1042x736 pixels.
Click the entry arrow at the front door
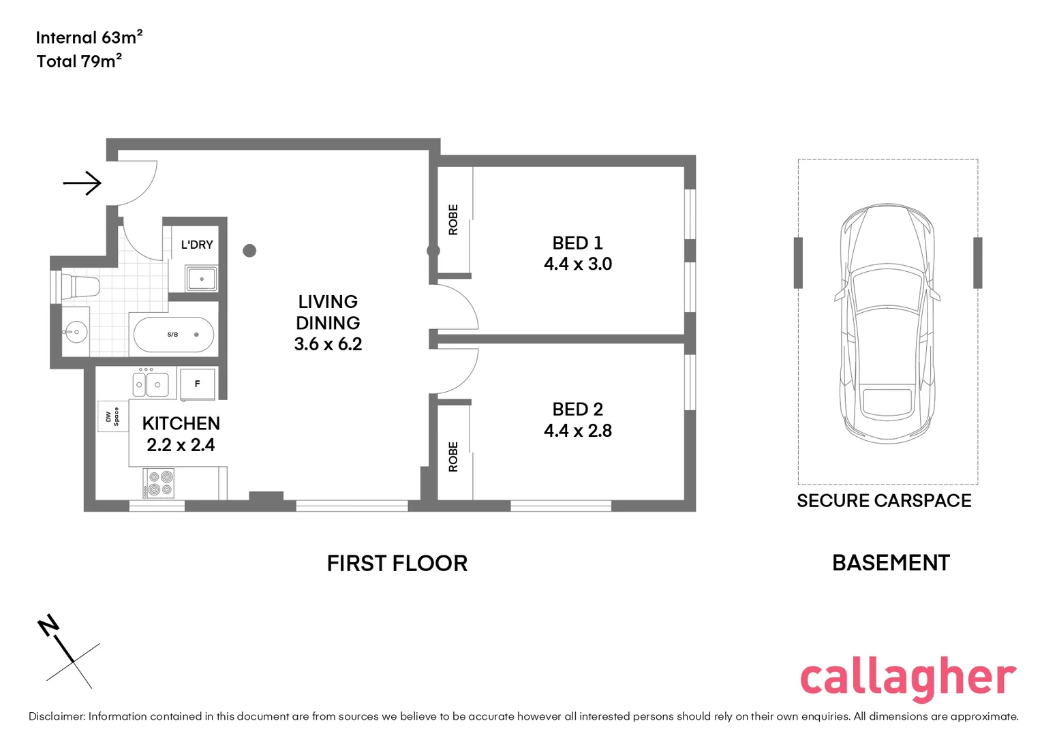click(x=82, y=183)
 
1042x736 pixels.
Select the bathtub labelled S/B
click(x=174, y=335)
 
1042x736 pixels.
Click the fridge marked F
click(x=198, y=384)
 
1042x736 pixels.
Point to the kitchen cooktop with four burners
click(x=159, y=482)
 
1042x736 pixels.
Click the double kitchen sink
click(x=149, y=384)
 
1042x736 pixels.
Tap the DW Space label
click(x=112, y=416)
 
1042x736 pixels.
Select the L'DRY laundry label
click(x=197, y=245)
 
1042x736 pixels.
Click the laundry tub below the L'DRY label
click(x=201, y=279)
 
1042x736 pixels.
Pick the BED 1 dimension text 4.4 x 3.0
click(x=578, y=264)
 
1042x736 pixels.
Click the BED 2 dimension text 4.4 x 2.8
click(x=578, y=431)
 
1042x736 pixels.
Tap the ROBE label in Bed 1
click(x=453, y=219)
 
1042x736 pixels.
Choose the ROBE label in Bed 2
click(x=453, y=457)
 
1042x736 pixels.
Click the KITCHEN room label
click(x=181, y=423)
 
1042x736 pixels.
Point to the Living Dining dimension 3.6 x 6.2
click(x=328, y=344)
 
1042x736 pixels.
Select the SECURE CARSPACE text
click(x=884, y=501)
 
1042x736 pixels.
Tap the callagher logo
click(x=907, y=678)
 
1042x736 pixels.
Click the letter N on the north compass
click(x=49, y=625)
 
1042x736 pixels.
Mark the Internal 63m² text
click(x=89, y=37)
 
